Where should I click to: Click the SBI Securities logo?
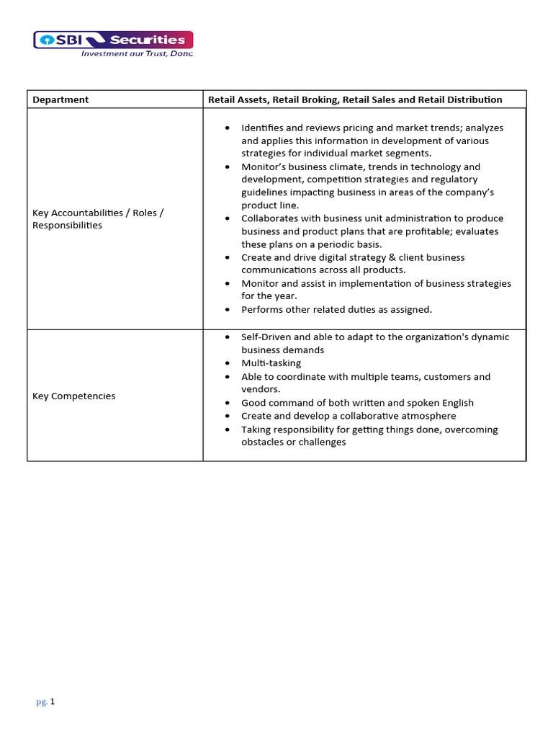[x=113, y=40]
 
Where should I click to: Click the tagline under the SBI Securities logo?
[x=137, y=53]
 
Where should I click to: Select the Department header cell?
[x=61, y=99]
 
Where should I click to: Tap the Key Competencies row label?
[x=74, y=396]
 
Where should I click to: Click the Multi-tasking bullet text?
[x=271, y=363]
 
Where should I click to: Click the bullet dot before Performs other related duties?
[x=228, y=310]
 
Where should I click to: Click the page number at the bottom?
[x=46, y=701]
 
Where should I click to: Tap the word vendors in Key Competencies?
[x=259, y=389]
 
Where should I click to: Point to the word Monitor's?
[x=265, y=166]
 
